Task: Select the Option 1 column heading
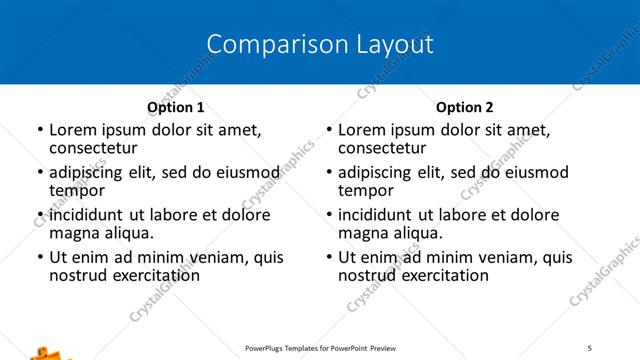(x=176, y=107)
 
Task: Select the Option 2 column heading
(x=464, y=107)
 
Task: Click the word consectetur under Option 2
(x=382, y=148)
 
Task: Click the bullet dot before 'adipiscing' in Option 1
(x=40, y=173)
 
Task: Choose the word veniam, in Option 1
(x=213, y=257)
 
